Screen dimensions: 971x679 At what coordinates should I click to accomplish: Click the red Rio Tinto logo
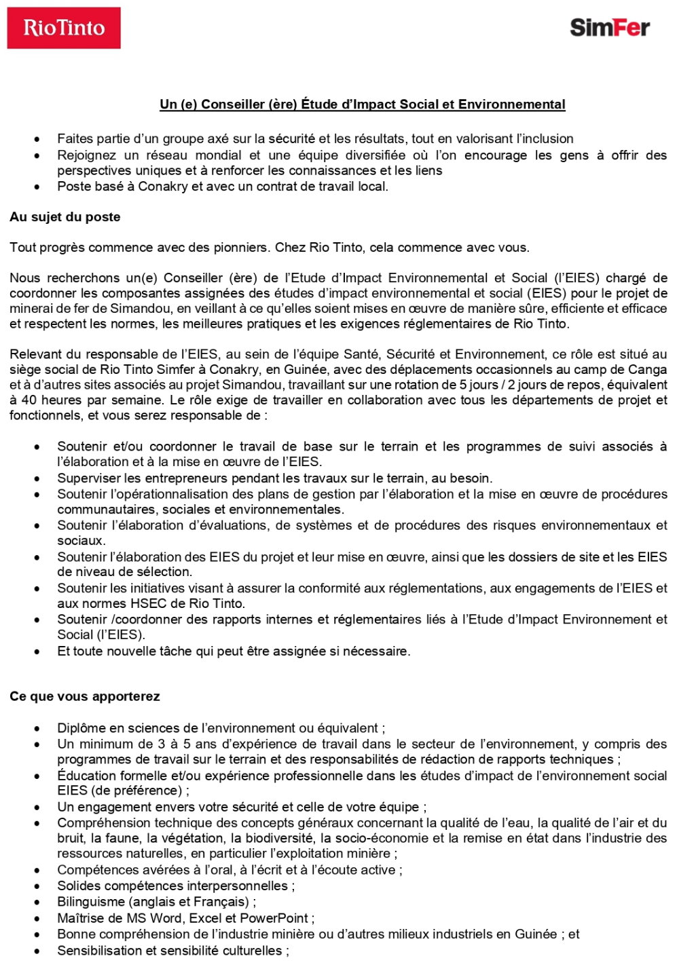[x=64, y=28]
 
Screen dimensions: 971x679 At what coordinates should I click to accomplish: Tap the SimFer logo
[x=609, y=28]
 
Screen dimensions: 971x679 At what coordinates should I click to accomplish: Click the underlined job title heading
[x=362, y=104]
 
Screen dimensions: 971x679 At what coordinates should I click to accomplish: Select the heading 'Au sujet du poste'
[x=65, y=217]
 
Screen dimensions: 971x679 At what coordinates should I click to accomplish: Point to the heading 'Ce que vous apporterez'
[x=85, y=696]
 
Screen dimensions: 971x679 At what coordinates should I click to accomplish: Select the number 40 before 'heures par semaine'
[x=29, y=400]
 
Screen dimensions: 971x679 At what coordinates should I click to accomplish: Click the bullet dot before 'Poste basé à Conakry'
[x=37, y=187]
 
